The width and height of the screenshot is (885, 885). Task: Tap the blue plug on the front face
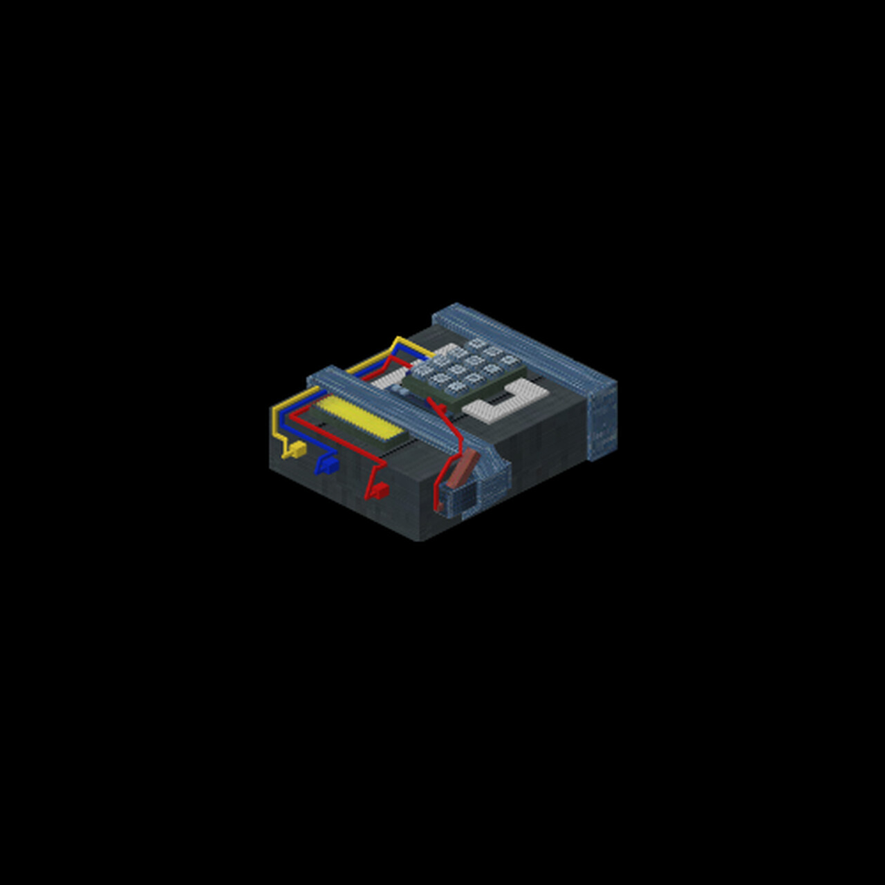tap(328, 465)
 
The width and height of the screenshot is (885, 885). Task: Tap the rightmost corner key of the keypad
tap(510, 361)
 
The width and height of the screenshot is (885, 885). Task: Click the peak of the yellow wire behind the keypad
tap(398, 339)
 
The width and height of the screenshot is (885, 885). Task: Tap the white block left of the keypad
tap(387, 378)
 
